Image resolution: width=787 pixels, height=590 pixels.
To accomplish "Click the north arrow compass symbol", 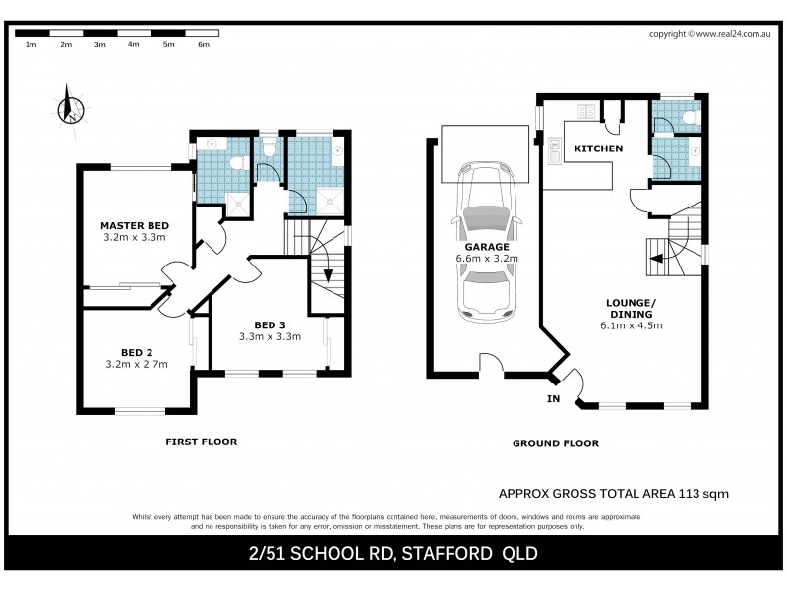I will (x=70, y=107).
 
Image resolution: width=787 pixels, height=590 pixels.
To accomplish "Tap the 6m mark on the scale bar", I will (x=203, y=45).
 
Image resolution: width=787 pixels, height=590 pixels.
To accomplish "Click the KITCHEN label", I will (x=598, y=148).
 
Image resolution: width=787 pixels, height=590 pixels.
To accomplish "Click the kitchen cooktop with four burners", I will (x=588, y=111).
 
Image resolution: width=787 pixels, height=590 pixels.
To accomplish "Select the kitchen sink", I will (x=554, y=152).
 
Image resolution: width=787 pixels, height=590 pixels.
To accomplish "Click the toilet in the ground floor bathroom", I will (x=689, y=119).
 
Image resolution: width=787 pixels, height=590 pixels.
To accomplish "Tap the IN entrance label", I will (x=553, y=399).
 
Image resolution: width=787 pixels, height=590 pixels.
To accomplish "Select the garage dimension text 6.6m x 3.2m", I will (x=487, y=258).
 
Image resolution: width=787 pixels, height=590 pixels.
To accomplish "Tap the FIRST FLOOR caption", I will (x=201, y=442).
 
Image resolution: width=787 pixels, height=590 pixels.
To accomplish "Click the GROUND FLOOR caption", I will (x=555, y=443).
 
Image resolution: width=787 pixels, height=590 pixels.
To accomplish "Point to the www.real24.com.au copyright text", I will (x=735, y=34).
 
